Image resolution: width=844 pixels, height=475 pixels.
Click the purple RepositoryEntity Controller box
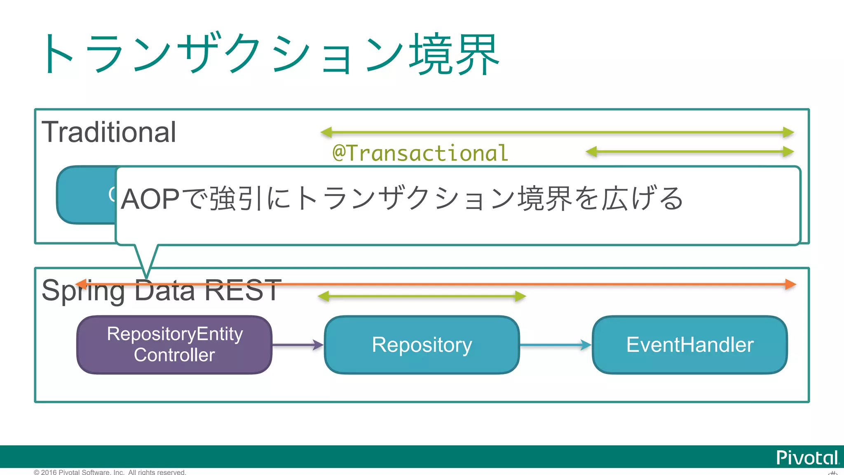click(174, 345)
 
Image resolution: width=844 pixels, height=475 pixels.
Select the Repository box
click(422, 345)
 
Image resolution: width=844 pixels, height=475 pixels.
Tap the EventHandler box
click(689, 345)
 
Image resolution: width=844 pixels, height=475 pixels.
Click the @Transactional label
click(420, 153)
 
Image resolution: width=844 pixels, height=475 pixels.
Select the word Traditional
click(109, 132)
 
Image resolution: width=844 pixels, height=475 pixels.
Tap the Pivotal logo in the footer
click(807, 458)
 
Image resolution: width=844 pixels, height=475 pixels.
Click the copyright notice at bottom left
click(110, 472)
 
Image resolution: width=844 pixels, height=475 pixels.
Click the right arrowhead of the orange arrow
click(790, 284)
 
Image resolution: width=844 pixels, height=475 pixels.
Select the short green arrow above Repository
click(422, 296)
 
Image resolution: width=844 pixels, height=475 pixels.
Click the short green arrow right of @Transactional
click(689, 152)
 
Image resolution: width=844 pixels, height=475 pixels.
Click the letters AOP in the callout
click(150, 199)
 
